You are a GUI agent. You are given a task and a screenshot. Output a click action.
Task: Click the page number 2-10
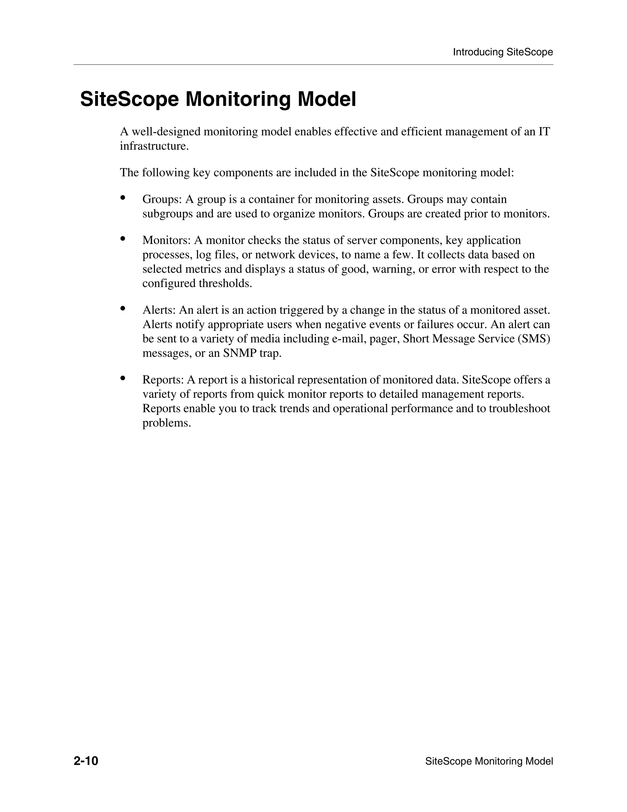86,761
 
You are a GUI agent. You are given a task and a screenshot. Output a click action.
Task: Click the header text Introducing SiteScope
503,52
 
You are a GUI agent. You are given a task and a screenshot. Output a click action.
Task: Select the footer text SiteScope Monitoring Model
489,761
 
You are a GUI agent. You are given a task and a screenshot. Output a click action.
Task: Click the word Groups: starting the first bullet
162,200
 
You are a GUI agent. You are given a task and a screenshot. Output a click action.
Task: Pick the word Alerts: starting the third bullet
159,310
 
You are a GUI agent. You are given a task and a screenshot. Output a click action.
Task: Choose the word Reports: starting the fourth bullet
163,380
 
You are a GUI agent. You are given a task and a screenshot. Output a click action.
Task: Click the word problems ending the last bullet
167,423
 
